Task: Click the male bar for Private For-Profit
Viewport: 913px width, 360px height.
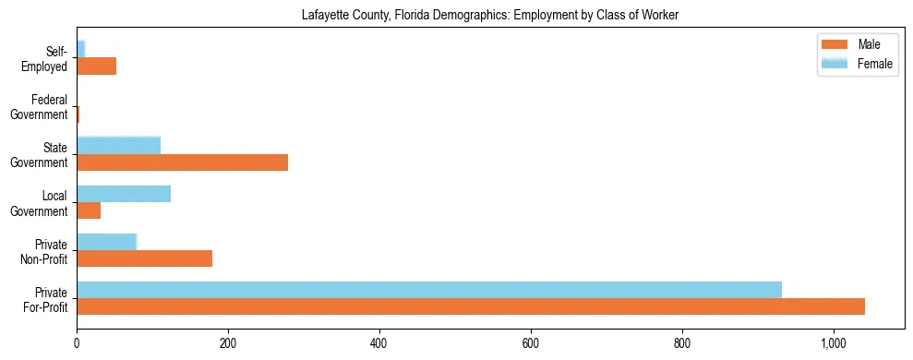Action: (x=471, y=306)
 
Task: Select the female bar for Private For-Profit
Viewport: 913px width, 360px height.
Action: (x=429, y=290)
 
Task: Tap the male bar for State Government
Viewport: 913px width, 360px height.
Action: (x=182, y=162)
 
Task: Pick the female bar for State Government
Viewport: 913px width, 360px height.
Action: (x=118, y=145)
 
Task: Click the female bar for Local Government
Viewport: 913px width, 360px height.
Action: (x=124, y=194)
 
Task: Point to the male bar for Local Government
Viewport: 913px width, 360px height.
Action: (x=89, y=210)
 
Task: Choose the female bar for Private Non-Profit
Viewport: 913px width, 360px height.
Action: (x=106, y=242)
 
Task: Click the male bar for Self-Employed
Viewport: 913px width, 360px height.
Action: (x=96, y=66)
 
